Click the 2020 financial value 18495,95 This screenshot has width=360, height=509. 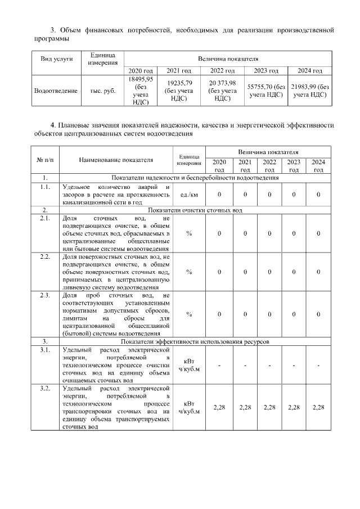tap(138, 91)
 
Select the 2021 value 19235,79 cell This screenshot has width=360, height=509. tap(178, 91)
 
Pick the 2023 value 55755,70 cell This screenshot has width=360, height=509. tap(266, 91)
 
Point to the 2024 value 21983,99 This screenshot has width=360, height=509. tap(310, 91)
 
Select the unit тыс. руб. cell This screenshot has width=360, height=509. tap(102, 91)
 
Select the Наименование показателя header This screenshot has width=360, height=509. tap(116, 160)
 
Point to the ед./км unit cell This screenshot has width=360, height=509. tap(188, 195)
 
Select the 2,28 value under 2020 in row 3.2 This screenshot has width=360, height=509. tap(219, 407)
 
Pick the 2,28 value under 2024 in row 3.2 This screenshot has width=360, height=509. tap(318, 407)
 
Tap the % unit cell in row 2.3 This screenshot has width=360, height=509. tap(188, 314)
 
